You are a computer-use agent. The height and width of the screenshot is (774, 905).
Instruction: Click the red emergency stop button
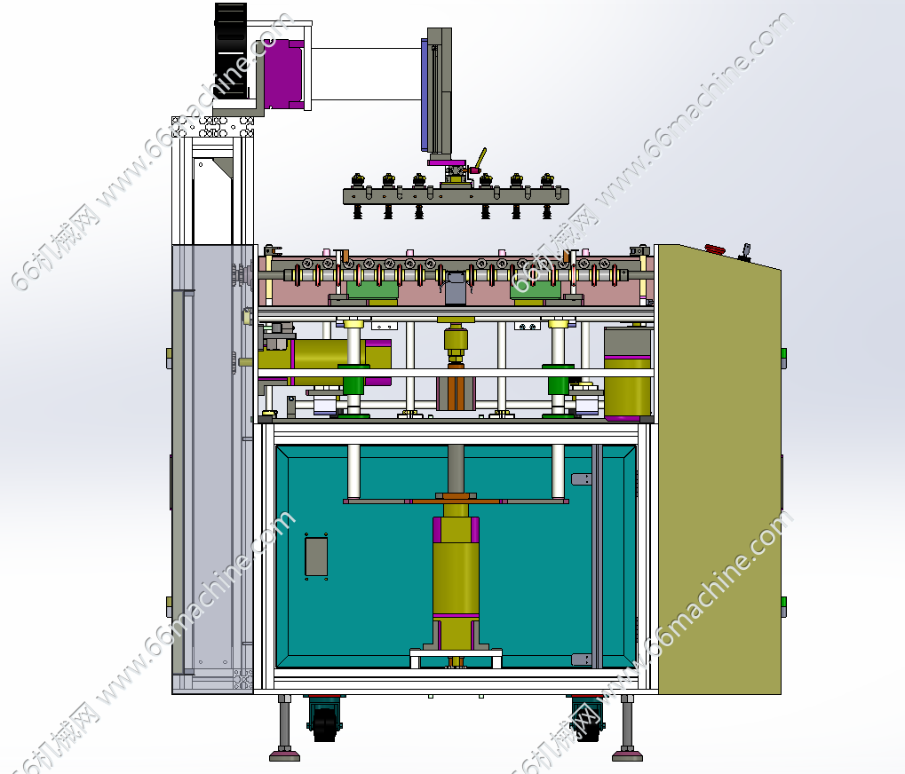[x=715, y=249]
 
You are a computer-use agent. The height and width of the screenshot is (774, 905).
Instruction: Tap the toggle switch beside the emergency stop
[x=745, y=253]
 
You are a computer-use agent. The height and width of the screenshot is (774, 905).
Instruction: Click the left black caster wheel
[x=324, y=721]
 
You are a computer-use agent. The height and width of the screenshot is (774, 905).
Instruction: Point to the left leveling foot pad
[x=285, y=754]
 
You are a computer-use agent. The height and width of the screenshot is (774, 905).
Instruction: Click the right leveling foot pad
[x=627, y=754]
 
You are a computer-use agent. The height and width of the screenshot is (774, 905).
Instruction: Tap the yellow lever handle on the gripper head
[x=480, y=158]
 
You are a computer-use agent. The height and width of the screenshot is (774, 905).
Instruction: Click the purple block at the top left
[x=283, y=74]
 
